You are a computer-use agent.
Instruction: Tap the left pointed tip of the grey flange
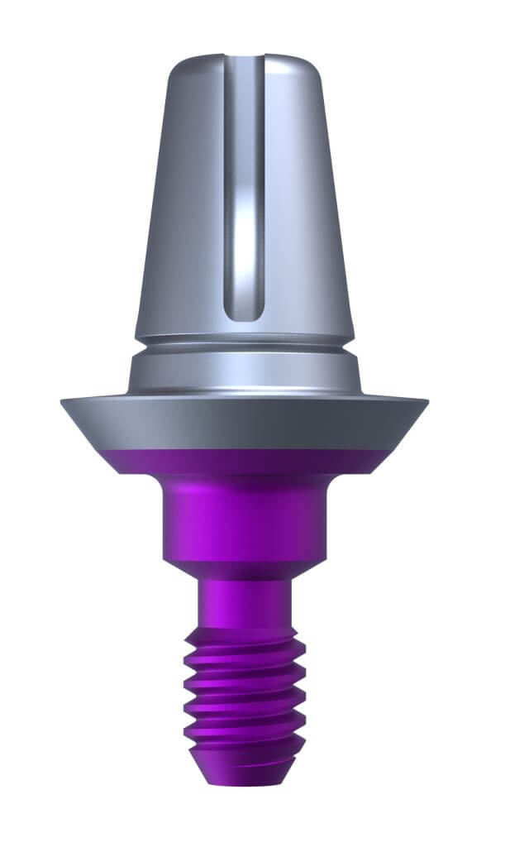(x=64, y=402)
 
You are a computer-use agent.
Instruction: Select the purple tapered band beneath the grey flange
(x=245, y=463)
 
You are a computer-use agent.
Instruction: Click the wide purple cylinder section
(x=245, y=521)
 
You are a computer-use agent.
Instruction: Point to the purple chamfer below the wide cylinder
(x=245, y=570)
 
